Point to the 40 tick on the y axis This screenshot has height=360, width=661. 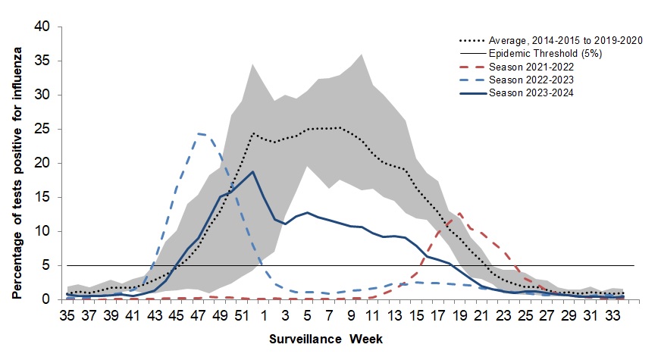[x=42, y=27]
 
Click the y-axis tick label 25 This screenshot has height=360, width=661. [x=42, y=130]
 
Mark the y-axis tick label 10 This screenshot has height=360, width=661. [x=42, y=231]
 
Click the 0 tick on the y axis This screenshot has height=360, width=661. [x=47, y=299]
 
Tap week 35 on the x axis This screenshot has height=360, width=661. [x=68, y=314]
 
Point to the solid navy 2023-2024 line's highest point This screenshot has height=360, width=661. [x=252, y=171]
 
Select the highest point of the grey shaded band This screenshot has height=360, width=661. [x=362, y=55]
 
